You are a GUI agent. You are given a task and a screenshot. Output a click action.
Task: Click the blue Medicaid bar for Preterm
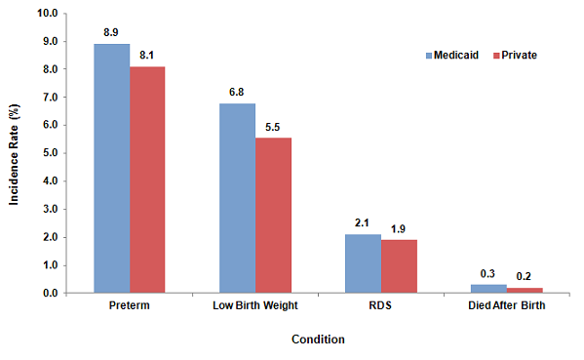112,168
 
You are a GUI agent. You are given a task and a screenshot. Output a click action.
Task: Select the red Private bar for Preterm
147,180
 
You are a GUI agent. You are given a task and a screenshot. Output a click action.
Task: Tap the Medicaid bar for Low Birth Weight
237,198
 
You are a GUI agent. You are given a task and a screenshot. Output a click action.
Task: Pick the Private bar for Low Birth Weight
273,216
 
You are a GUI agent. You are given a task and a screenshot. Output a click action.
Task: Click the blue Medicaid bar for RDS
363,263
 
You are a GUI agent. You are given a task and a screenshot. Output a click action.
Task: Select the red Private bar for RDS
399,266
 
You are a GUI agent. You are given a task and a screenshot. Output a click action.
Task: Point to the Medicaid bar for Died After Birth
488,289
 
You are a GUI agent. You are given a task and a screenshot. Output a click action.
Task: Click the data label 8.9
112,32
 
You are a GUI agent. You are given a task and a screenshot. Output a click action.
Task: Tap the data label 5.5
273,127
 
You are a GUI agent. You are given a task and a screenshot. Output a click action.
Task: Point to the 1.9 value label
399,228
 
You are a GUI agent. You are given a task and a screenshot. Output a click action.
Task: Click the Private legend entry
515,56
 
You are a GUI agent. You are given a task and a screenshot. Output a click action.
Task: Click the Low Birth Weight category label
254,308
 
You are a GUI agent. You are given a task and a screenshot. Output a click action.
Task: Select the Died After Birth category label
506,308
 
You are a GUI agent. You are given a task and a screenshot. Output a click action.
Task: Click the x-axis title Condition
318,340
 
